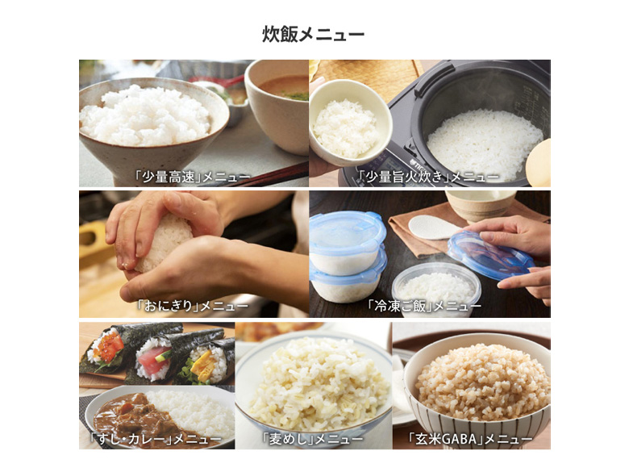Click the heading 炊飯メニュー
point(314,34)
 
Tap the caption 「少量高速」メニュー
point(192,177)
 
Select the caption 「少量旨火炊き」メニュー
point(428,176)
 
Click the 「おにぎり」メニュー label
point(192,307)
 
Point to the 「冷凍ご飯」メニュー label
point(424,307)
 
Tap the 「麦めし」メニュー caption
point(312,439)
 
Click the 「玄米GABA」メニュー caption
point(470,439)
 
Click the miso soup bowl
point(277,104)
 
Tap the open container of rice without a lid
point(436,290)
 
